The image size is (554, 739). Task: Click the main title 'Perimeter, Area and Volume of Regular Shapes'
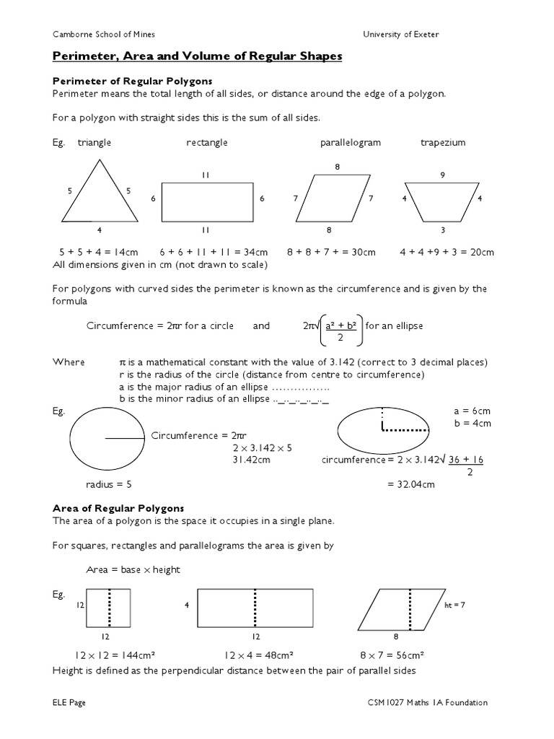[197, 56]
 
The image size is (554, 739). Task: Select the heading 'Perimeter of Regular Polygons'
[132, 81]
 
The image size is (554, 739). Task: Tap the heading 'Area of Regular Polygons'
[118, 508]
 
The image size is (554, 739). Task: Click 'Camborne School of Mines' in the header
[104, 34]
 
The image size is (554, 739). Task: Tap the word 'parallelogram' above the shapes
[351, 142]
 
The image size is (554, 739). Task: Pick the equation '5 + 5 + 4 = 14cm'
[98, 252]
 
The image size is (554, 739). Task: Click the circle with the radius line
[106, 437]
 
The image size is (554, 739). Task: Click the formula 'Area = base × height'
[133, 569]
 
